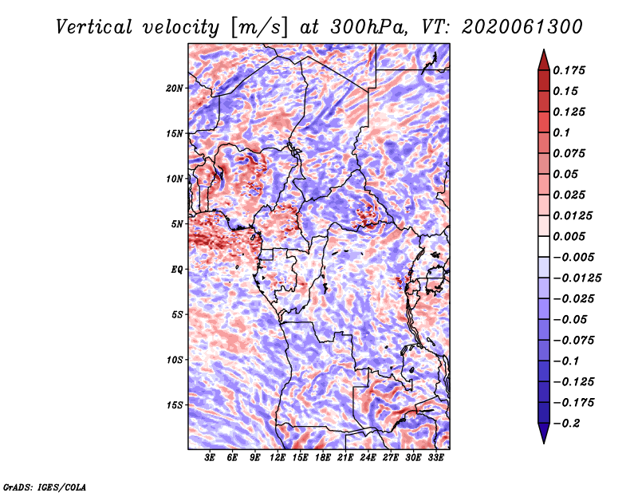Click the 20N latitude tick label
pos(175,88)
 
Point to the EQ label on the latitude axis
pos(176,270)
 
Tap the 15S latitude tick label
pos(175,405)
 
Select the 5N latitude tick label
pos(177,224)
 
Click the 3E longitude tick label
pos(211,459)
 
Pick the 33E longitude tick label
pos(435,459)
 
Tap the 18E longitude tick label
pos(323,459)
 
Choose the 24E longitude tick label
pos(368,459)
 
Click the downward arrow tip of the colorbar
pos(543,441)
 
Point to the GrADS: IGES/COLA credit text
pos(44,486)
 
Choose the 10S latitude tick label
pos(175,360)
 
